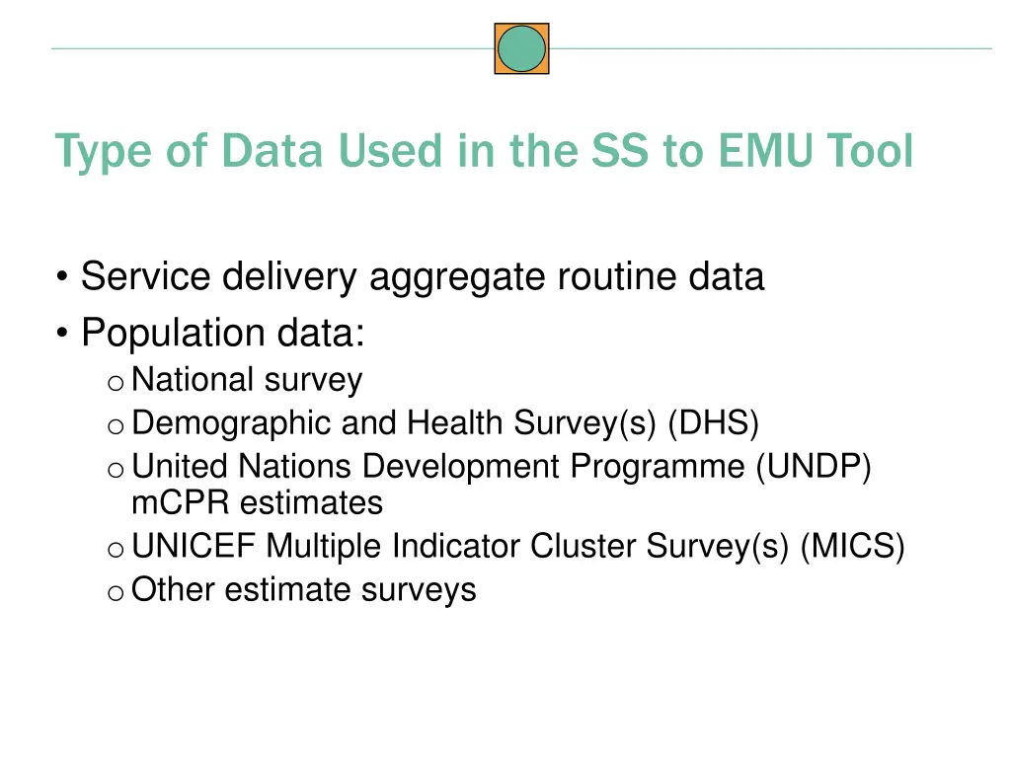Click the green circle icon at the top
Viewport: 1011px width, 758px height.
(521, 49)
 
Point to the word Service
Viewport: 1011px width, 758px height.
(144, 277)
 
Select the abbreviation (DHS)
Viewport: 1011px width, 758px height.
(714, 423)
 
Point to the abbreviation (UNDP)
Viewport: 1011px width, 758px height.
(814, 466)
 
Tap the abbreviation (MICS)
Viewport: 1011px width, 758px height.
(852, 546)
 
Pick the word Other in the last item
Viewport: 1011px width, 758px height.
(174, 590)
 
